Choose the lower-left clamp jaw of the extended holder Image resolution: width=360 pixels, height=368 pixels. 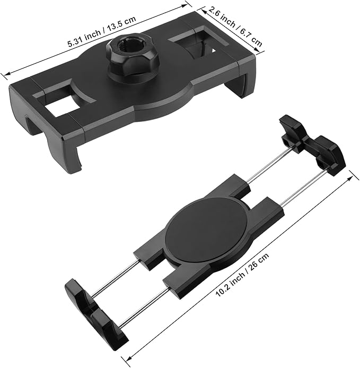[98, 311]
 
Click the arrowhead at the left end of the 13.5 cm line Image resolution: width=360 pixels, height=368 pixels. [4, 74]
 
